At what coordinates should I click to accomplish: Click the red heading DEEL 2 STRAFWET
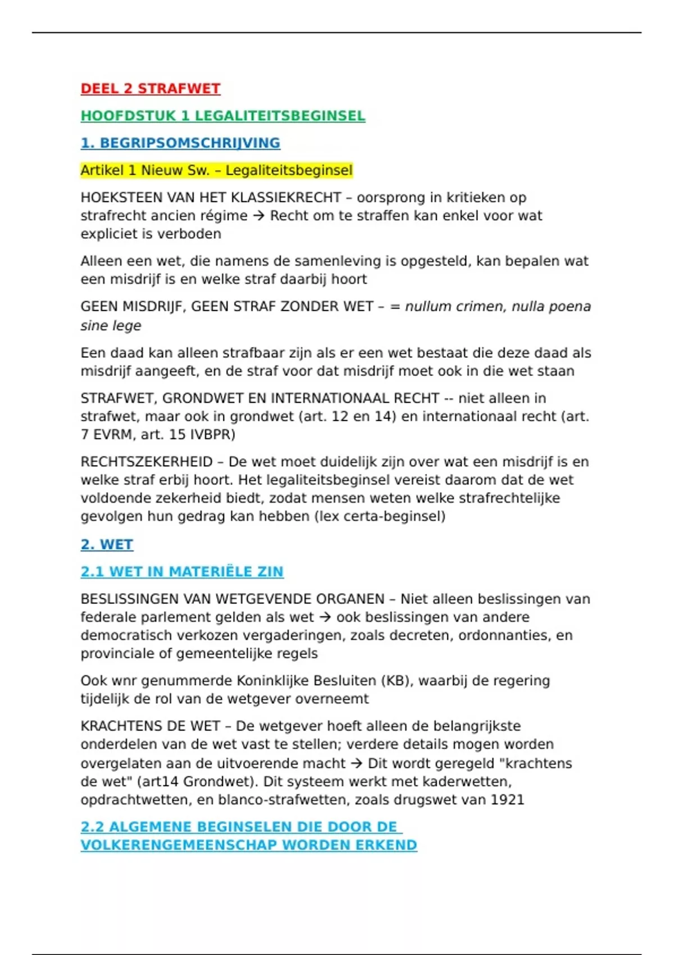(150, 89)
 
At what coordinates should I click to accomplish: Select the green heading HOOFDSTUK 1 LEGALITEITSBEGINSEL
(222, 116)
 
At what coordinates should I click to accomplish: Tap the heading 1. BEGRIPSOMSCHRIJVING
(180, 143)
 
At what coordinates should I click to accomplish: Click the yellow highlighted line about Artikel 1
(216, 170)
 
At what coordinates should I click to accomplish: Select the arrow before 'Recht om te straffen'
(258, 216)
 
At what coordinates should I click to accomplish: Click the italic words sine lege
(111, 326)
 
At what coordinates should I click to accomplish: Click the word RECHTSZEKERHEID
(147, 462)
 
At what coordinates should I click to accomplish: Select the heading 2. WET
(107, 545)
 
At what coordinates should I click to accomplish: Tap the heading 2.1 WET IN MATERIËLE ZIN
(182, 572)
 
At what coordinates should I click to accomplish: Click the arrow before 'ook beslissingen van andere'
(325, 617)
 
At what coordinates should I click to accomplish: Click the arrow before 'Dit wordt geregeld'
(356, 763)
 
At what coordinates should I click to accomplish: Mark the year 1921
(507, 800)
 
